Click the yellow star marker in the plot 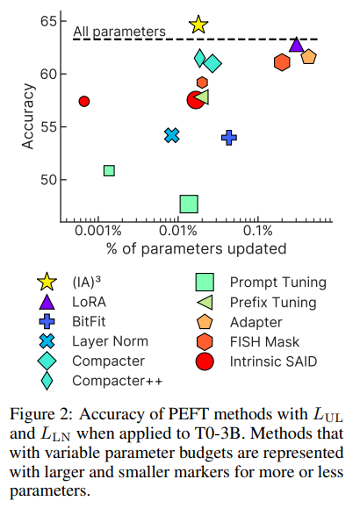[198, 25]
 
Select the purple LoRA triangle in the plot [297, 45]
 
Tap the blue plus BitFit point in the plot [229, 137]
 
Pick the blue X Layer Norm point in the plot [172, 135]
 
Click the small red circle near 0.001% [84, 101]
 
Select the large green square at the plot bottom [189, 204]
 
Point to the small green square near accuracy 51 [109, 170]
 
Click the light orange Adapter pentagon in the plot [308, 57]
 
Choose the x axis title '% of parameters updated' [196, 248]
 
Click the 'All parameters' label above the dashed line [119, 32]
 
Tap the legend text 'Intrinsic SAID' [279, 361]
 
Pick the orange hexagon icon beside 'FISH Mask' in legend [205, 341]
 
